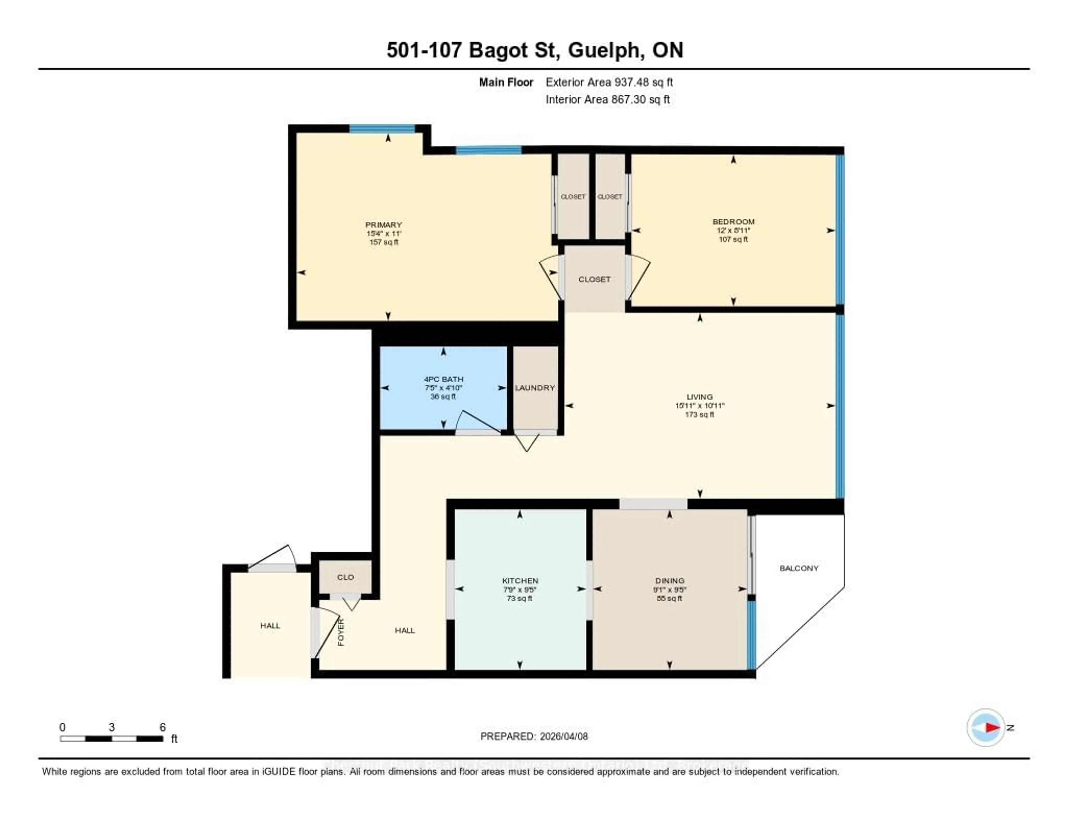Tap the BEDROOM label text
click(733, 221)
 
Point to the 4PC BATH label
click(444, 379)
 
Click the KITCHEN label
click(520, 581)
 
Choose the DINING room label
click(669, 581)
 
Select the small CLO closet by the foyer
click(345, 577)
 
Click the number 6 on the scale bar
click(162, 727)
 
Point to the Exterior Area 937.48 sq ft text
click(609, 82)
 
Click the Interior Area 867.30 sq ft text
click(607, 99)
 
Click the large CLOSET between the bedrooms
click(594, 279)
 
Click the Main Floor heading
click(506, 82)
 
